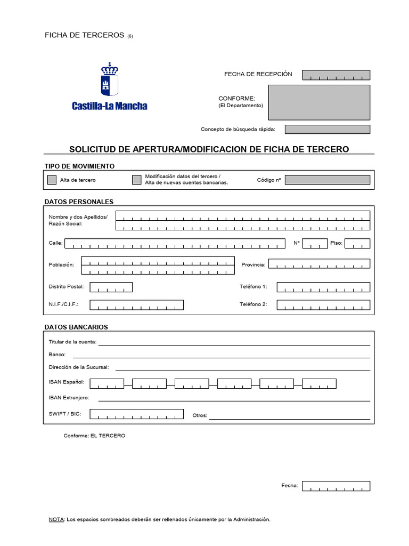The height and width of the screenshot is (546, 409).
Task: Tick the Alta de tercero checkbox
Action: pyautogui.click(x=52, y=180)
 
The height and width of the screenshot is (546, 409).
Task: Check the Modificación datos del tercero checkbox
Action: pyautogui.click(x=137, y=180)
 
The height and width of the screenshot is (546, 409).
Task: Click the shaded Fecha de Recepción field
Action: pyautogui.click(x=336, y=75)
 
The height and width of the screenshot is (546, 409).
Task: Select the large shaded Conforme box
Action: pyautogui.click(x=318, y=102)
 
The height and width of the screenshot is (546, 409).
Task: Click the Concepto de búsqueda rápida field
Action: pyautogui.click(x=327, y=129)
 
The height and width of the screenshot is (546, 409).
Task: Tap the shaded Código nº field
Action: pyautogui.click(x=327, y=180)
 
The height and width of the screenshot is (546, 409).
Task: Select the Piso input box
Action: pyautogui.click(x=357, y=244)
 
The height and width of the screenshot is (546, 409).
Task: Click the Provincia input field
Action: pyautogui.click(x=318, y=264)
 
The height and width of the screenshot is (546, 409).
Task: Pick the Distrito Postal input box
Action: pyautogui.click(x=111, y=287)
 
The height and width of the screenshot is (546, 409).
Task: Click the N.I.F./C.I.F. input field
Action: pyautogui.click(x=136, y=304)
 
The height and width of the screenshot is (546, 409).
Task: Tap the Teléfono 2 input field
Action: pyautogui.click(x=323, y=304)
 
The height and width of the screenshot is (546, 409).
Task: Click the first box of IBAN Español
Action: pyautogui.click(x=107, y=383)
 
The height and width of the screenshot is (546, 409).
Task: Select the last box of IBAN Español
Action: pyautogui.click(x=318, y=383)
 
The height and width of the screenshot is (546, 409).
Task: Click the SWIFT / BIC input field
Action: pyautogui.click(x=136, y=414)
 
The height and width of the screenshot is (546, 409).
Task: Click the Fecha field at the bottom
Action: pyautogui.click(x=336, y=486)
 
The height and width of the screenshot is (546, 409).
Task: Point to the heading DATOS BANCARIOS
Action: pyautogui.click(x=76, y=326)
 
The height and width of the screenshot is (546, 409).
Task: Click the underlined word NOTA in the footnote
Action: pyautogui.click(x=56, y=519)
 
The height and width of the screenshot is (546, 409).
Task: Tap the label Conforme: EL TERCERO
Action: pyautogui.click(x=94, y=436)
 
